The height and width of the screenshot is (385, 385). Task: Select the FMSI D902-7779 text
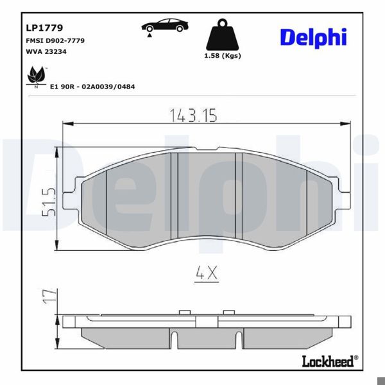tap(55, 40)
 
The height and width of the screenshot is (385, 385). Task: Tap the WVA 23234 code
tap(47, 53)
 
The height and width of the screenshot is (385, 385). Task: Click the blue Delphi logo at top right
tap(312, 37)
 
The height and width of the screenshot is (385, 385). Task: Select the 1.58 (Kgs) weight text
tap(222, 56)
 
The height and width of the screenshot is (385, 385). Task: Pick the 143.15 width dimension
tap(194, 115)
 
